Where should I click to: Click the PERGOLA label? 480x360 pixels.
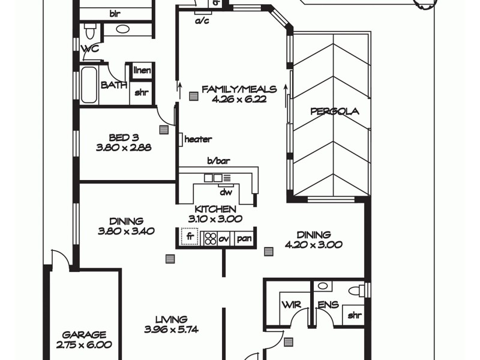334,111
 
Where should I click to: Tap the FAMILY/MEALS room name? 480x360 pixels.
239,89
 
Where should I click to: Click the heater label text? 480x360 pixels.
198,139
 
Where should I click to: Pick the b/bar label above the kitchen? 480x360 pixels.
219,161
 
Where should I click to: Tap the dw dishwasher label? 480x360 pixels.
226,193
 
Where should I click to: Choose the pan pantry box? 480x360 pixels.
244,238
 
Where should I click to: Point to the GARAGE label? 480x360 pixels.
85,335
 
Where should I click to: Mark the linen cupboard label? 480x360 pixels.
142,71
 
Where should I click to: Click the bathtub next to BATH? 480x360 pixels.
89,85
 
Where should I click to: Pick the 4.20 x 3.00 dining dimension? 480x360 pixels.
313,244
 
